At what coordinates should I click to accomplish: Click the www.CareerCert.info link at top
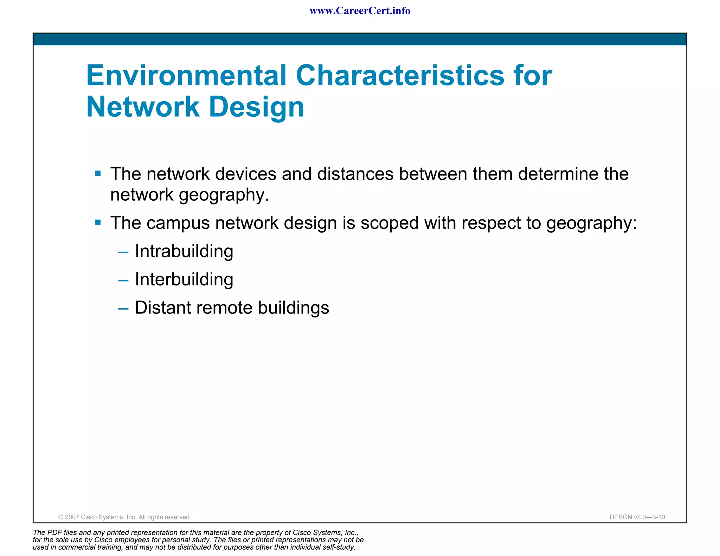coord(360,11)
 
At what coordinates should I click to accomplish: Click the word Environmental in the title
coord(186,76)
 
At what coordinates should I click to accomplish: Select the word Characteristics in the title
coord(400,76)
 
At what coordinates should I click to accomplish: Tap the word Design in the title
coord(257,107)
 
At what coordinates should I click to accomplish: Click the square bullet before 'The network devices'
coord(98,173)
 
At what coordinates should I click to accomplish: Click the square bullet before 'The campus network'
coord(98,222)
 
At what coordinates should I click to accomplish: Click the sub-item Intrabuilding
coord(184,251)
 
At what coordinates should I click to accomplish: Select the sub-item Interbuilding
coord(184,279)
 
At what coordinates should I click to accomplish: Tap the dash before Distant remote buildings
coord(123,309)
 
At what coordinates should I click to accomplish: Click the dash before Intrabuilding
coord(123,253)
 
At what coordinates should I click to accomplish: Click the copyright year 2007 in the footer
coord(72,517)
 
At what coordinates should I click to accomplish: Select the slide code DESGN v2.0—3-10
coord(637,517)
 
